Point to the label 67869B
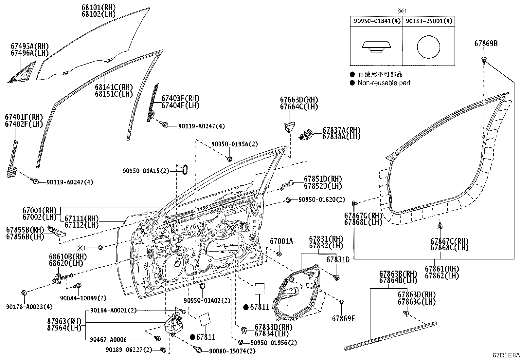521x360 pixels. (486, 43)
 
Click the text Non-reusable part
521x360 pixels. (384, 83)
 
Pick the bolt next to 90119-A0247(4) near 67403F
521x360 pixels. (164, 124)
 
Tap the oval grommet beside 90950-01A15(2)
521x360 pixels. (185, 170)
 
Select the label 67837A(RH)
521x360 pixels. (341, 130)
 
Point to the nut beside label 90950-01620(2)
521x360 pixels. (288, 199)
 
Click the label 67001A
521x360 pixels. (281, 241)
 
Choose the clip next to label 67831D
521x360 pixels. (336, 277)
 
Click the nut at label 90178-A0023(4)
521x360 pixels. (24, 293)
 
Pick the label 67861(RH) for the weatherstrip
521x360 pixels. (442, 269)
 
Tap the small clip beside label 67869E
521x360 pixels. (342, 301)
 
